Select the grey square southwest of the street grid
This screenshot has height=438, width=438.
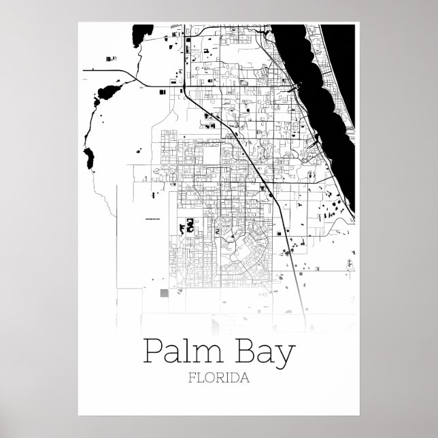click(x=163, y=294)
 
